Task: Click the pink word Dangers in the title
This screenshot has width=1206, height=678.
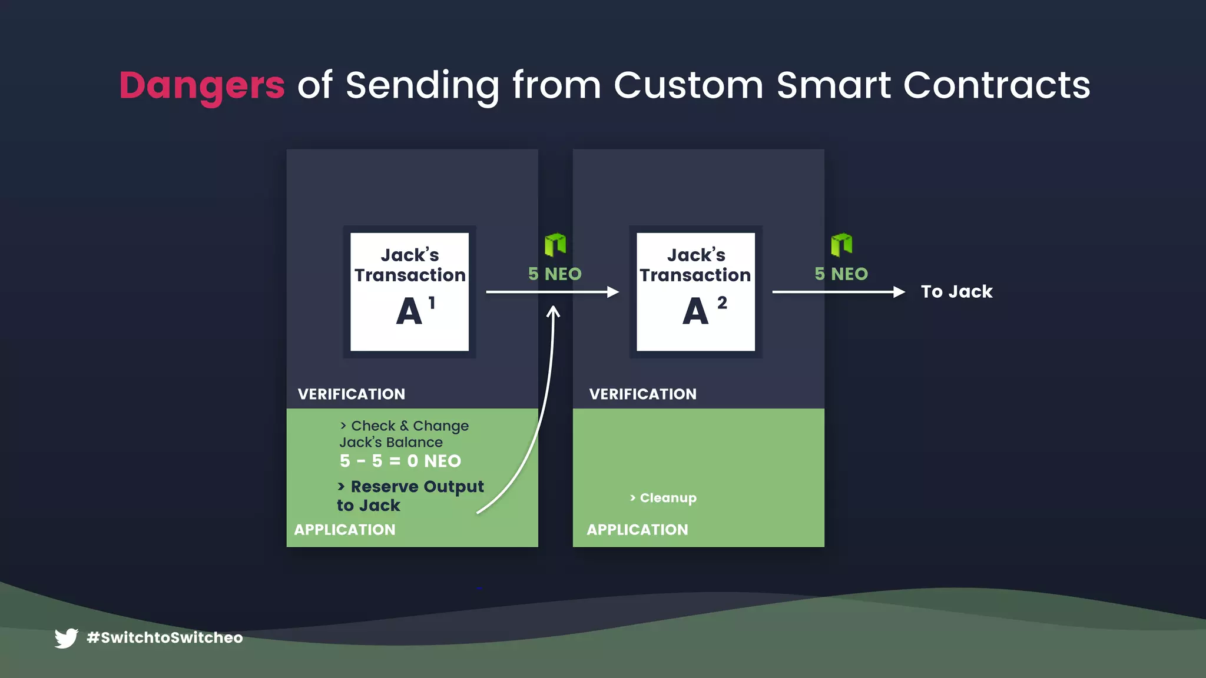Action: (202, 85)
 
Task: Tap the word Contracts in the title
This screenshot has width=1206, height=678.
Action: (996, 85)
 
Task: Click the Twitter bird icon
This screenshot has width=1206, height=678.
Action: (66, 638)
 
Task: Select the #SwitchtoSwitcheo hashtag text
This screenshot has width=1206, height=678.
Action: (165, 638)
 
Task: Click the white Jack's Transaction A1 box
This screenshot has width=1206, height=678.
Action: (409, 292)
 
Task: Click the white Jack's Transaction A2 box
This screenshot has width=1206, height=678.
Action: (695, 292)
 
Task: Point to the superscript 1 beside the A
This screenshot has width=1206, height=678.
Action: (432, 303)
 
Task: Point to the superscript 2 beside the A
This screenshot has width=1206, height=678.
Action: (722, 303)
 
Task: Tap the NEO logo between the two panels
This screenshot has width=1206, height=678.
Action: (555, 245)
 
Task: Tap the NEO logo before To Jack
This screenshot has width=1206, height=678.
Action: (841, 245)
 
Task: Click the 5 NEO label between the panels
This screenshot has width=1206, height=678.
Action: (555, 274)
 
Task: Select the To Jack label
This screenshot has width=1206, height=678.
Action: (956, 292)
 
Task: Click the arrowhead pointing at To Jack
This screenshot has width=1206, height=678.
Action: (899, 292)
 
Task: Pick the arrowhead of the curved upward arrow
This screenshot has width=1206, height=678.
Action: (553, 313)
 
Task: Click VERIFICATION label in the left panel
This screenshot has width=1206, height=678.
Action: (352, 394)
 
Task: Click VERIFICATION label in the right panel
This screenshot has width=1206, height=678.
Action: (643, 394)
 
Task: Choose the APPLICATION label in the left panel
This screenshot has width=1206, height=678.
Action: (345, 530)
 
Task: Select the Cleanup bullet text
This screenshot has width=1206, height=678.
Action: (668, 498)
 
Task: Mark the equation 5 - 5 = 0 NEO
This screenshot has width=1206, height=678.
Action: (400, 461)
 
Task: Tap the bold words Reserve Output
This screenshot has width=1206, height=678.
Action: (417, 487)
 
